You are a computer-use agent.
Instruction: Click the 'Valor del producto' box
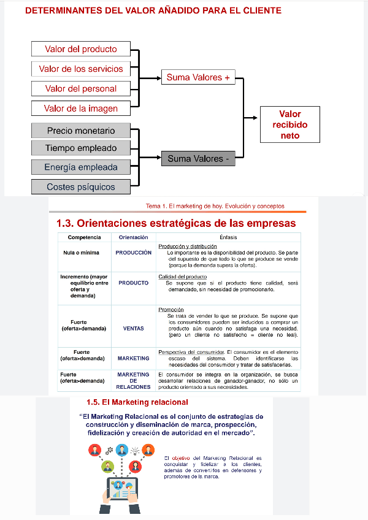[x=80, y=49]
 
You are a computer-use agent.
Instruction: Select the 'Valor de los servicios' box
[x=80, y=69]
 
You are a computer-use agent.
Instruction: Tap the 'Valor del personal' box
[x=80, y=88]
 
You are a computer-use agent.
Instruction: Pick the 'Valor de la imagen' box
[x=80, y=109]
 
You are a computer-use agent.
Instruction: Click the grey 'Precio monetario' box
[x=80, y=131]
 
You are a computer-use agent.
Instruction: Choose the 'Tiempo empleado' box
[x=80, y=148]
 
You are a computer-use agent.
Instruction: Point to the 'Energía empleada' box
[x=80, y=167]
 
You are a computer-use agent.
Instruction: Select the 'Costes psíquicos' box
[x=80, y=186]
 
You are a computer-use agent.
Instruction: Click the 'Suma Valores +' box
[x=197, y=78]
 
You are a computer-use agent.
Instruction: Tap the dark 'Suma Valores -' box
[x=197, y=159]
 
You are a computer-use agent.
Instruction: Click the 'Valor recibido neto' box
[x=290, y=124]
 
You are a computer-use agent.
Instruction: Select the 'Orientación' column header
[x=133, y=237]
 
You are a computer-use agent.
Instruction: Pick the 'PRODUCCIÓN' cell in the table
[x=133, y=253]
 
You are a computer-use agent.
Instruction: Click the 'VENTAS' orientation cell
[x=133, y=328]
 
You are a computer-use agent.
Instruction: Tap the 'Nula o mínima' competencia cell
[x=84, y=253]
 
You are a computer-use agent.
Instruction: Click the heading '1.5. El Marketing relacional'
[x=137, y=402]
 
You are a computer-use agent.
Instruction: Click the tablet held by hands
[x=125, y=488]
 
